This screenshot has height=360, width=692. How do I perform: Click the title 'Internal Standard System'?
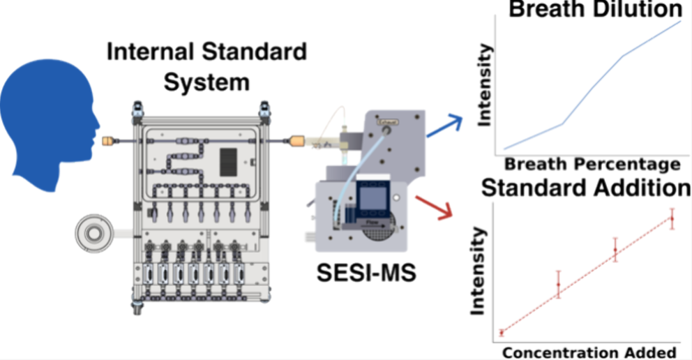pyautogui.click(x=206, y=67)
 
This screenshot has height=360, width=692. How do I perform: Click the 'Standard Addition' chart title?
pyautogui.click(x=586, y=188)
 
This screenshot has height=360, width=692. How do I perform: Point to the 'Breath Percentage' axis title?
pyautogui.click(x=592, y=165)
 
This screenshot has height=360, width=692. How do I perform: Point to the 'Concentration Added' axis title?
pyautogui.click(x=589, y=352)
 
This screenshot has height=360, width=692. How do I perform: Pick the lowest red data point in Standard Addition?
pyautogui.click(x=502, y=333)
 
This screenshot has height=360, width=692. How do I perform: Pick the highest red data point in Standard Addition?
pyautogui.click(x=672, y=218)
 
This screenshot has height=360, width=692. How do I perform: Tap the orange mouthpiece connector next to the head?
pyautogui.click(x=107, y=141)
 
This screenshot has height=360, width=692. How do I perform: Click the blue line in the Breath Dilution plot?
pyautogui.click(x=593, y=87)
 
